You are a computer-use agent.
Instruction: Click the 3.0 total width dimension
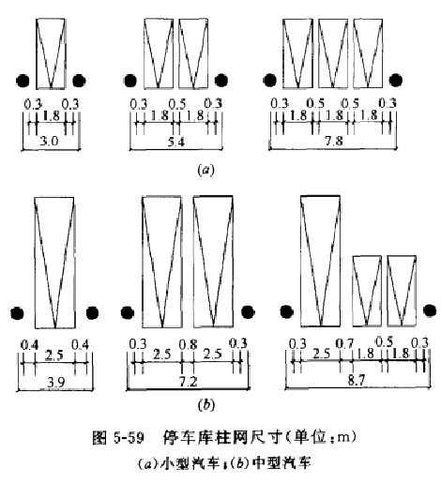pos(49,142)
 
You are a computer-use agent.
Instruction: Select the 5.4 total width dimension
pos(176,142)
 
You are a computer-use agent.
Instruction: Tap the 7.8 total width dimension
pos(334,141)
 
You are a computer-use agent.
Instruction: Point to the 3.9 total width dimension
pos(55,382)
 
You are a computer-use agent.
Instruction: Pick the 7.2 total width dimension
pos(188,382)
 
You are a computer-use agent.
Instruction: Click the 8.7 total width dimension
pos(357,380)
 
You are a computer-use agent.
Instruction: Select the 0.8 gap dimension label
pos(188,344)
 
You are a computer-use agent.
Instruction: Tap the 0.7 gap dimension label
pos(344,344)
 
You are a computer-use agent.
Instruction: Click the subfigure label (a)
pos(205,170)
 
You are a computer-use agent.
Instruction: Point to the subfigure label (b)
pos(206,405)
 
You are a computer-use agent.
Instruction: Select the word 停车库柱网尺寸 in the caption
pos(221,437)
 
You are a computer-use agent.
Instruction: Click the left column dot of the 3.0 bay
pos(23,81)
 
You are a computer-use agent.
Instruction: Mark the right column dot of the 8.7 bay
pos(430,310)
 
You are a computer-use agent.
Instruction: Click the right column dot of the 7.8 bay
pos(396,80)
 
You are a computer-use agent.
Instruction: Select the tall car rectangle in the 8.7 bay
pos(320,261)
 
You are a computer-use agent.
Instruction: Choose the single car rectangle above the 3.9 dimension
pos(54,263)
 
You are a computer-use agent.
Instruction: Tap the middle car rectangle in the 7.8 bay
pos(333,53)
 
